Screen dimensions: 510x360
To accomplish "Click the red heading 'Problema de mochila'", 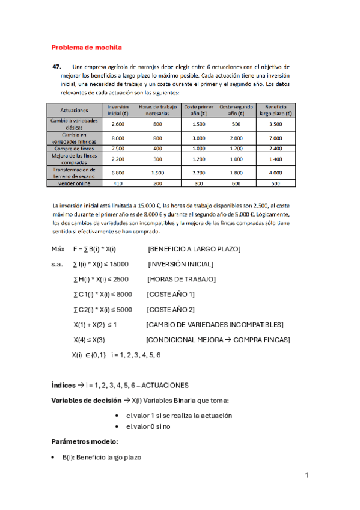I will [x=87, y=47].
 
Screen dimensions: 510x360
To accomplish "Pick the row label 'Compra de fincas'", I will [x=75, y=148].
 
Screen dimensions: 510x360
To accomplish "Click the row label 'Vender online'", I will [x=75, y=183].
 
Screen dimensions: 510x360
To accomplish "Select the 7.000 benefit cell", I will [x=276, y=138].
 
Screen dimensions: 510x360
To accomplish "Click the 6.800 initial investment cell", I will [x=118, y=172].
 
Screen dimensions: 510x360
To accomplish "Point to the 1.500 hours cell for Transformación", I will [x=157, y=172].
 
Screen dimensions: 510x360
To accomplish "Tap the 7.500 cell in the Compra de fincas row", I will [x=118, y=148].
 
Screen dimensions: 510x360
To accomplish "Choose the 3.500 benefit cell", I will [x=276, y=124].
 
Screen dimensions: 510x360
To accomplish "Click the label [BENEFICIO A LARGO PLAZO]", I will [x=194, y=249].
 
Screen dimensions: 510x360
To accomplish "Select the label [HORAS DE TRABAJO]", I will [x=182, y=279].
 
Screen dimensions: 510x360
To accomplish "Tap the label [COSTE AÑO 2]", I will [x=171, y=309].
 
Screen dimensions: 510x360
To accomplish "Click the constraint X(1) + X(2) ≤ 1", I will [x=94, y=325].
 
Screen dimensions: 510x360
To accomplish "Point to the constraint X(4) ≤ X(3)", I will [x=90, y=340].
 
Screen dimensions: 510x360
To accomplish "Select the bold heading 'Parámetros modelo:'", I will [x=85, y=441].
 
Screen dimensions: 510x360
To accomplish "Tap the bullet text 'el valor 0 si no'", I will [x=150, y=426].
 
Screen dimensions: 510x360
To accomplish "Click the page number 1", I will [x=307, y=475].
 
